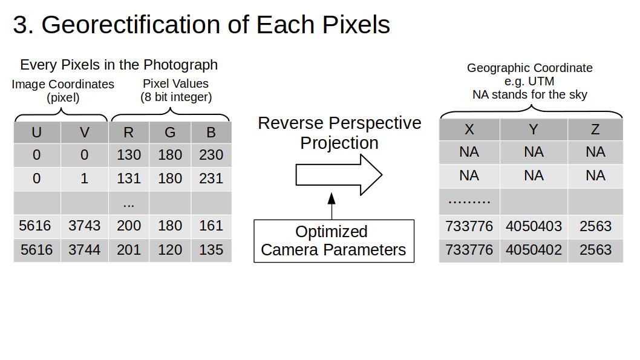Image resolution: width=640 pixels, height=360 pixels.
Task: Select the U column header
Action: (x=37, y=133)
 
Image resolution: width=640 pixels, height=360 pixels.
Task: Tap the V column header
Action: (x=85, y=133)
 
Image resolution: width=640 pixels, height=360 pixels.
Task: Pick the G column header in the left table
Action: (x=170, y=133)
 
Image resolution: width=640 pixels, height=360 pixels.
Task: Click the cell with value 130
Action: (x=129, y=155)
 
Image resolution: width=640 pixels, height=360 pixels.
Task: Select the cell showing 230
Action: (x=211, y=155)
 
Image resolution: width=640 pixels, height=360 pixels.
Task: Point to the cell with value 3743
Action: (x=85, y=226)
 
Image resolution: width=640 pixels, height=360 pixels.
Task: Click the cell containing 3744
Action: (x=85, y=249)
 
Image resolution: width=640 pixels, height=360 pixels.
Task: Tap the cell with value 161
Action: (x=211, y=226)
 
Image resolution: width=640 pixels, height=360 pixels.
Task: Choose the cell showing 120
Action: (x=170, y=249)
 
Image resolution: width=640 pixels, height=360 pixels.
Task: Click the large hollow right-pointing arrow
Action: (x=339, y=175)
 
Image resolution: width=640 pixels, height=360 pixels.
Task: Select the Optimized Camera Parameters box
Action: (x=334, y=241)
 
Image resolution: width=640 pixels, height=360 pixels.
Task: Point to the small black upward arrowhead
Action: (x=331, y=199)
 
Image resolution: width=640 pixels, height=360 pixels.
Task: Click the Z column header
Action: (x=595, y=129)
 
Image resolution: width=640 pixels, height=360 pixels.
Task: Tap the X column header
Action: (x=469, y=129)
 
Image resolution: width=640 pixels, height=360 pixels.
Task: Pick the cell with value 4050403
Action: (x=534, y=226)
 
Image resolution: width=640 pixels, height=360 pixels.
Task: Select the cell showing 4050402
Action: (x=534, y=250)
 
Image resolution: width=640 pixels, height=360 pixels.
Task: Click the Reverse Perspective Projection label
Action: (x=339, y=133)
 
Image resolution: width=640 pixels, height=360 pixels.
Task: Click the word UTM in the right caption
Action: (x=541, y=81)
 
